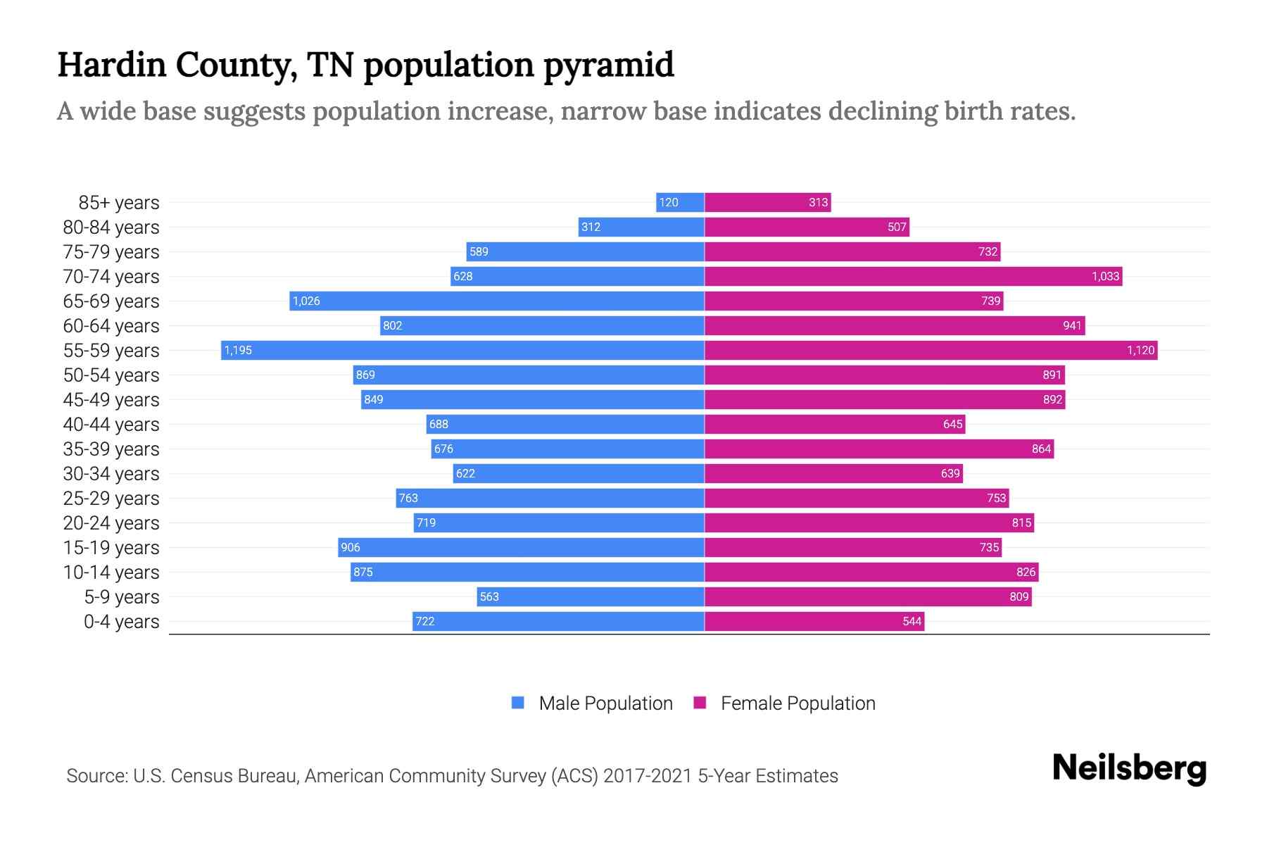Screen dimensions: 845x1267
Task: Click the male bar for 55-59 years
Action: pos(462,350)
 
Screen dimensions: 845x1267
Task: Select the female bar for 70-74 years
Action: pos(913,276)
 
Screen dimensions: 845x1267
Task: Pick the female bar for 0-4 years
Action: pos(814,621)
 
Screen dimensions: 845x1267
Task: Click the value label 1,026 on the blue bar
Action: pos(306,301)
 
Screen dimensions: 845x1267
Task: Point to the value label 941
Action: pos(1072,325)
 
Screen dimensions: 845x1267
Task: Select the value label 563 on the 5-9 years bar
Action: pos(489,596)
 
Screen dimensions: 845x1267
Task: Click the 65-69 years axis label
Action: pos(111,301)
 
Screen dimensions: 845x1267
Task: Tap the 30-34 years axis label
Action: pos(111,474)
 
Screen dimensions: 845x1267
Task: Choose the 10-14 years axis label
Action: pos(111,572)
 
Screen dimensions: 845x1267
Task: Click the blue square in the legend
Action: pos(518,703)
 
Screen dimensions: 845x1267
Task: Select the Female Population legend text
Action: pos(798,703)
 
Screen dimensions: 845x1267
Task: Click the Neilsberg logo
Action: pos(1129,768)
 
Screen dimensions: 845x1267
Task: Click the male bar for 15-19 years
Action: pos(521,547)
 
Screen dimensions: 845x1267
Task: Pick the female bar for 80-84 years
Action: pos(807,227)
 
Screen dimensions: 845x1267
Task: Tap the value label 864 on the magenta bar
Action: pos(1041,449)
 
